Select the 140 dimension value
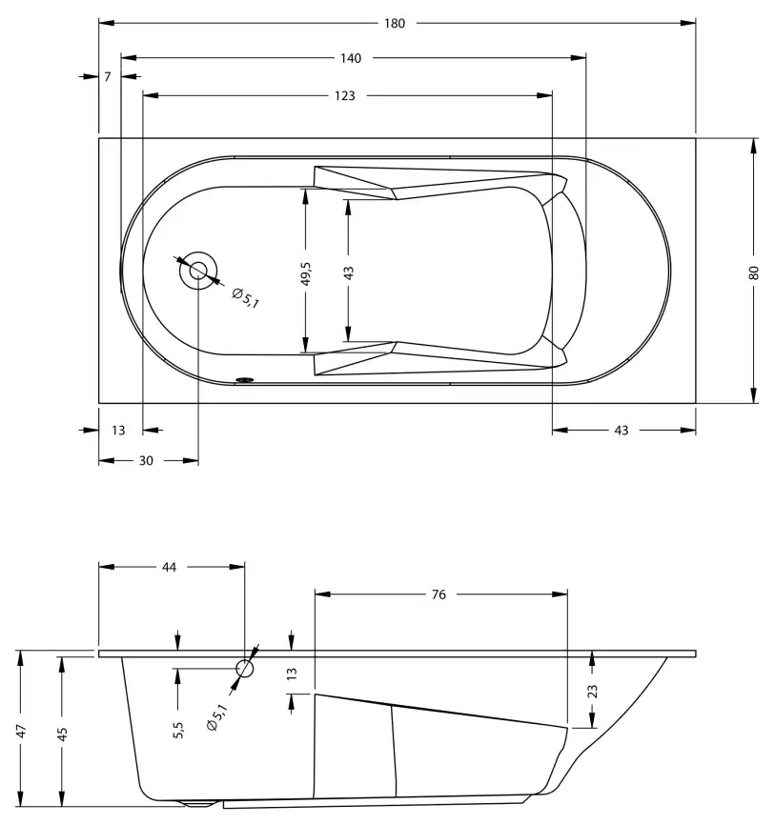pos(350,58)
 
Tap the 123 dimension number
pos(345,95)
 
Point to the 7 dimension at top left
pos(108,76)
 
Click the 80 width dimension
pos(754,272)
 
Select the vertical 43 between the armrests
pos(349,272)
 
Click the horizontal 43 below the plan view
pos(621,431)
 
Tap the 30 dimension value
pos(146,460)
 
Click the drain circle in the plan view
pos(198,271)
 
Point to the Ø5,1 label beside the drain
pos(245,297)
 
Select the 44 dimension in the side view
pos(169,567)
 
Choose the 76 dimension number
pos(438,594)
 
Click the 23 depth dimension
pos(592,691)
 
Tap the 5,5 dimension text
pos(178,730)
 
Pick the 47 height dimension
pos(20,731)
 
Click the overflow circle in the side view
pos(245,669)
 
